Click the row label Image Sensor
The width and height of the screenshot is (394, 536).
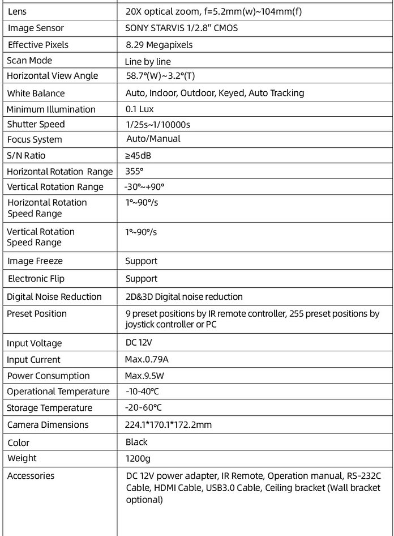pos(36,28)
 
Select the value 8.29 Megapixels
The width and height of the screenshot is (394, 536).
pos(159,45)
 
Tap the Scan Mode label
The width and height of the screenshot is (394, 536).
pos(29,61)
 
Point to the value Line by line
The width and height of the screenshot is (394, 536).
pos(148,62)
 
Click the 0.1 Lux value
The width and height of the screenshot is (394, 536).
pos(139,109)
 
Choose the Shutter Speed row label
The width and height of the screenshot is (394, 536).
pos(36,124)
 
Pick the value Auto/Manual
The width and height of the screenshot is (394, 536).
pos(153,139)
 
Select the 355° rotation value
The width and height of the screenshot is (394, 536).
pos(135,171)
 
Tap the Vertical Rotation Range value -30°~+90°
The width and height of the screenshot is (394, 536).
pos(144,187)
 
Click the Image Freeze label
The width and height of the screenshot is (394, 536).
pos(35,261)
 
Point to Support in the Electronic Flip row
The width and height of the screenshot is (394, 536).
pos(141,279)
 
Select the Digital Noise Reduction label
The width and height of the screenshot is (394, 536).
pos(54,297)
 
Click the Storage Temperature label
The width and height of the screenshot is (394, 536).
pos(50,408)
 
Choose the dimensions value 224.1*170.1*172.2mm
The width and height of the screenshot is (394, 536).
pos(169,424)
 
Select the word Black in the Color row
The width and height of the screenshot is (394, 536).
pos(136,442)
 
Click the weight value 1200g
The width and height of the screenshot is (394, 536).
pos(138,458)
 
